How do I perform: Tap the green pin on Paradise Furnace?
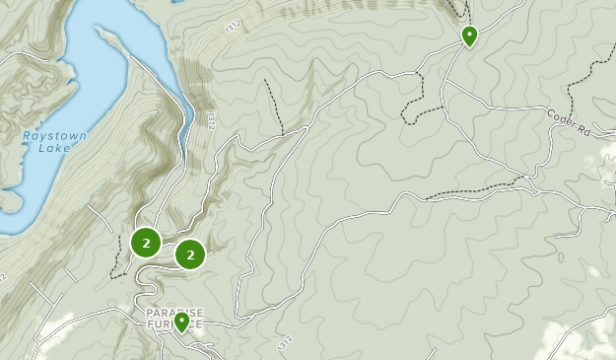[x=181, y=323]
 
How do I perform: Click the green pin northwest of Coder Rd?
[x=469, y=36]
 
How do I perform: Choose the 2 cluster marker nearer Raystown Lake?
[x=146, y=242]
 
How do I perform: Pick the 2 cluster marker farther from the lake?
[x=189, y=254]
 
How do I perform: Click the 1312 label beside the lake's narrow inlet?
[x=210, y=118]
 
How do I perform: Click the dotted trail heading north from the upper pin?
[x=458, y=10]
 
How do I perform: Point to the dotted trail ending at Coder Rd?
[x=591, y=74]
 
